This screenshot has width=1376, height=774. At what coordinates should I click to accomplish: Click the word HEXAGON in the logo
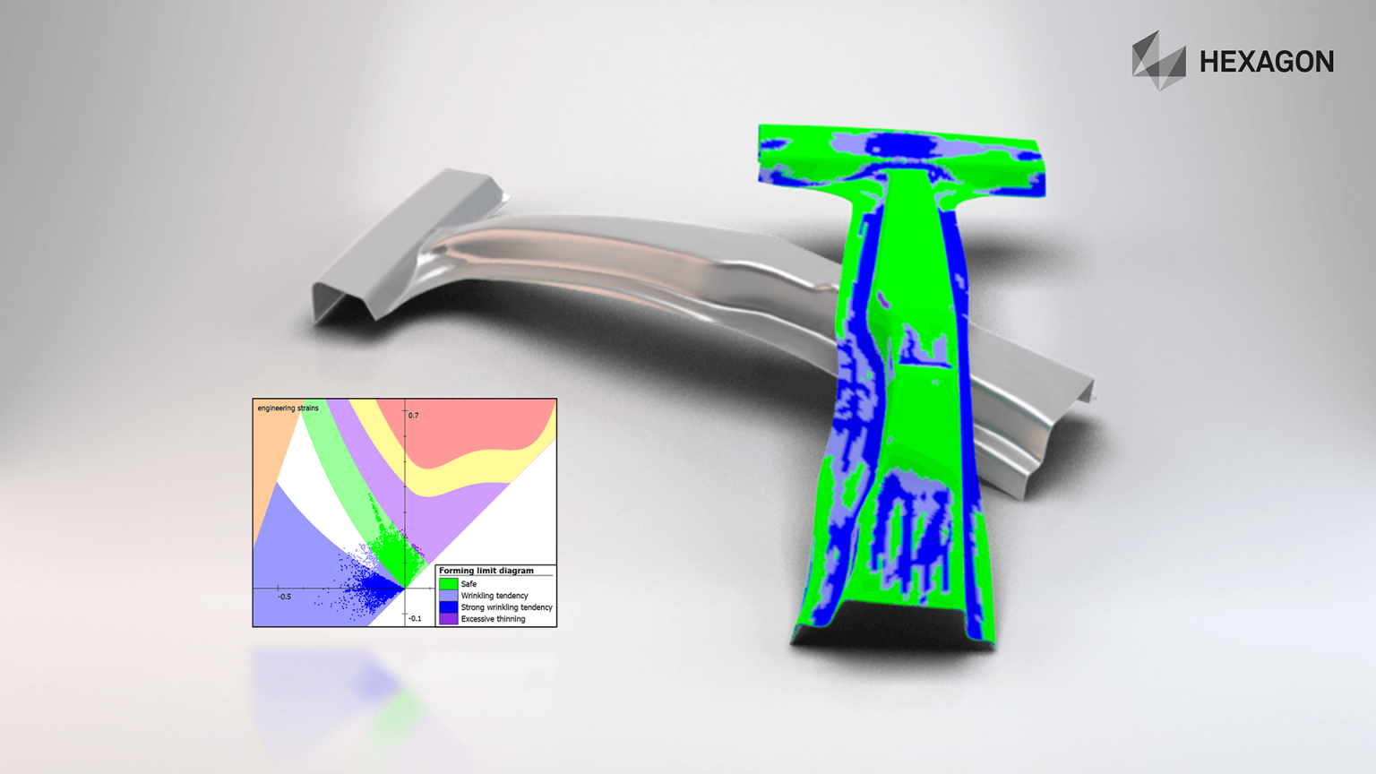tap(1266, 62)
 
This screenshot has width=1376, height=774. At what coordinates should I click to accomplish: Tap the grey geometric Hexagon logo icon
tap(1158, 61)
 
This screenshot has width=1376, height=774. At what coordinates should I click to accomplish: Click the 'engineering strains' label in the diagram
tap(288, 408)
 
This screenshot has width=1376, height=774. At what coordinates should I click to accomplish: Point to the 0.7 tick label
tap(413, 416)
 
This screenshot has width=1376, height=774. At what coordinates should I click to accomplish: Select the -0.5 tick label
tap(284, 597)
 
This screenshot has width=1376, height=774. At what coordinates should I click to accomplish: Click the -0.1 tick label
tap(415, 618)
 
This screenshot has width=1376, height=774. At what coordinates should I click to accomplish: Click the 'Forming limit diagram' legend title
tap(486, 571)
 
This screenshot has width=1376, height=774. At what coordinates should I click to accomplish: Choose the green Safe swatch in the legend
tap(448, 584)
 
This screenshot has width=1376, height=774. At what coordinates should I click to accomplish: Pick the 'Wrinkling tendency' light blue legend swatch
tap(448, 596)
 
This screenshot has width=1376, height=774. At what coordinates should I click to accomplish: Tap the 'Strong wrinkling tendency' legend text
tap(506, 607)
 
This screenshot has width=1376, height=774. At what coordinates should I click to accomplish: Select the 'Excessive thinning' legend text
tap(493, 619)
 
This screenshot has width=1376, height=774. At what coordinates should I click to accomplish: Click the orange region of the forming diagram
tap(271, 448)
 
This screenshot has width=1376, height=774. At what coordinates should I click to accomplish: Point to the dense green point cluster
tap(394, 551)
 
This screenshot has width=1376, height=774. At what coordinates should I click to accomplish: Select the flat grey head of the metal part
tap(403, 237)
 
